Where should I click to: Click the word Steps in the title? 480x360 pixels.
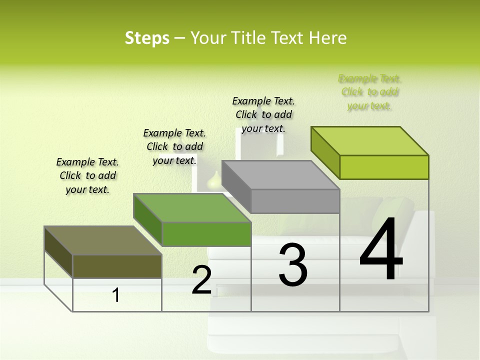147,38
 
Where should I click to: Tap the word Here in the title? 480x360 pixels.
328,38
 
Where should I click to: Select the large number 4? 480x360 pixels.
381,250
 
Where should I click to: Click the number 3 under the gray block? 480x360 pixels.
293,265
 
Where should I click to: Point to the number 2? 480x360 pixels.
201,280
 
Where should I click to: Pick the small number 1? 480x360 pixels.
116,295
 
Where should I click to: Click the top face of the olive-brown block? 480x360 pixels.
102,240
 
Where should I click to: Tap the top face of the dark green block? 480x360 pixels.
192,208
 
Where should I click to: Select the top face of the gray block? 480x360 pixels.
280,175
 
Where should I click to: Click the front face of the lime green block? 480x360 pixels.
384,167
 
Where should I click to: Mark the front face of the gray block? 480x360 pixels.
295,201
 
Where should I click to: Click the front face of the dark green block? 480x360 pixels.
206,234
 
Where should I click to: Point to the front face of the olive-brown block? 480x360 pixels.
117,266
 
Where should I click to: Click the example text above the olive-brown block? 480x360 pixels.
87,175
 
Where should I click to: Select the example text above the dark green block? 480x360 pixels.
174,146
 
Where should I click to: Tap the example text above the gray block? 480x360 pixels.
263,114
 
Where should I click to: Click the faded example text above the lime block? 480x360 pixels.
369,92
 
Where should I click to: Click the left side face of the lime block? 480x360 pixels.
325,152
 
